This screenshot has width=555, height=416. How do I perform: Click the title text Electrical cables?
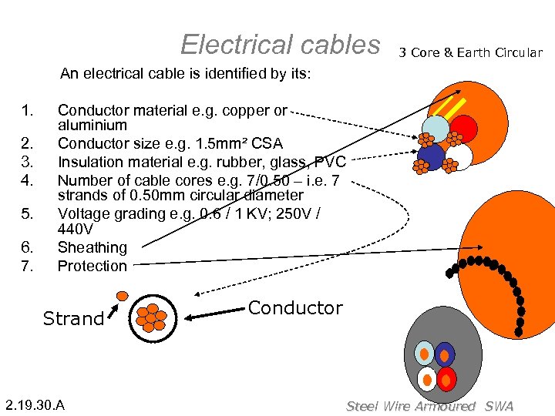coord(280,45)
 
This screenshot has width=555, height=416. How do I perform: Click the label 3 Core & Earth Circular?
coord(470,53)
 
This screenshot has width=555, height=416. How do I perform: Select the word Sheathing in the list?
coord(92,247)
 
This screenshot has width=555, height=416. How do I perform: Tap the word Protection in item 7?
coord(92,266)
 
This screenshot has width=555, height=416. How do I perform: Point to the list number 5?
coord(28,213)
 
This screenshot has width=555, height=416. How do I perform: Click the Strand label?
coord(73,318)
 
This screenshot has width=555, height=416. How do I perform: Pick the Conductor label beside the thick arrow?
coord(295,308)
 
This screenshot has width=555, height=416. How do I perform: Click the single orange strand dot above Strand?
coord(122,295)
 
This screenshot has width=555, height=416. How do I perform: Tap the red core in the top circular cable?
coord(463,129)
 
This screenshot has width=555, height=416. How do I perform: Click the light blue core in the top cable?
coord(436,129)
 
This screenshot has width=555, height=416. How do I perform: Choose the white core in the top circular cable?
coord(459,156)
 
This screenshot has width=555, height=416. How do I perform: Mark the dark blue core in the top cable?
coord(432,156)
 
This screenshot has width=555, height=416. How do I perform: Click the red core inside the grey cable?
coord(446,378)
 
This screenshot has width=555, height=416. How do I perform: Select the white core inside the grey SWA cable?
coord(426,378)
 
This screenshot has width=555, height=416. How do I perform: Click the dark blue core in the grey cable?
coord(445,354)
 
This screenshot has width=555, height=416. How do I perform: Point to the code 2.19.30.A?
coord(35,405)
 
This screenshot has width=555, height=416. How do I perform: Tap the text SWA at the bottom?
coord(499,406)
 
